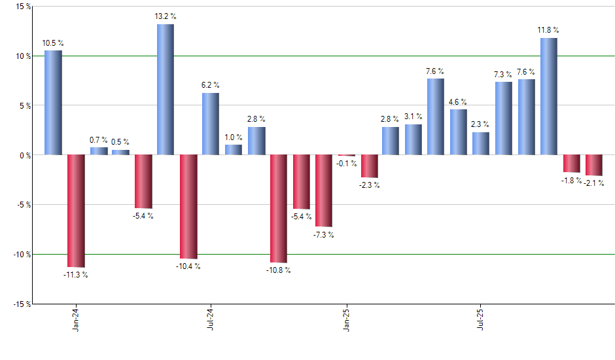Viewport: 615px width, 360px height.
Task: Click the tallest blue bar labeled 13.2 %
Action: (x=165, y=90)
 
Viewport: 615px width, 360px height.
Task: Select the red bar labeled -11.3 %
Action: (x=76, y=211)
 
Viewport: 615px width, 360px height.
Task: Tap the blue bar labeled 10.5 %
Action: (x=53, y=103)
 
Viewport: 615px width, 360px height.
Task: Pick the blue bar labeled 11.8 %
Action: (x=549, y=96)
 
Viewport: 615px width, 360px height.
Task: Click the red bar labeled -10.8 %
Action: (x=279, y=209)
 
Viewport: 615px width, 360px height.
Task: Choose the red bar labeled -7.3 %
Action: (x=324, y=190)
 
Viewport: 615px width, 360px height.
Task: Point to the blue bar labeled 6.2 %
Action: (x=211, y=124)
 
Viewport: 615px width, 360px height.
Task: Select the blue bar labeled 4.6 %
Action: (x=459, y=132)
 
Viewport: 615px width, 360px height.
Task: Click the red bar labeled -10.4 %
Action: (x=188, y=207)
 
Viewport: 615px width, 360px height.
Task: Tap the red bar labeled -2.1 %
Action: (x=594, y=165)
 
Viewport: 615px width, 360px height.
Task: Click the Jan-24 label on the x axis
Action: (x=77, y=319)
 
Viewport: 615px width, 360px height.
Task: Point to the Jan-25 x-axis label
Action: (x=346, y=319)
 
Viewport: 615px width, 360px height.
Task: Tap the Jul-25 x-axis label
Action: (x=481, y=319)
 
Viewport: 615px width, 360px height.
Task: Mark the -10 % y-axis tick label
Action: (x=20, y=254)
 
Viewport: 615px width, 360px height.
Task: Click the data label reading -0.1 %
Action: (x=346, y=163)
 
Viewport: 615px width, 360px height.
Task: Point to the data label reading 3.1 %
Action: (x=413, y=117)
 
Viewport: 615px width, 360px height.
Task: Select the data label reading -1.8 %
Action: (x=571, y=180)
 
